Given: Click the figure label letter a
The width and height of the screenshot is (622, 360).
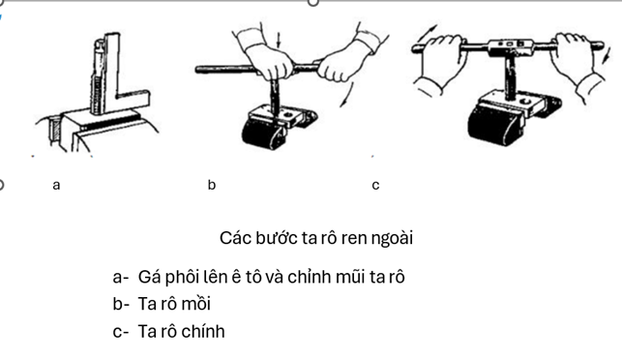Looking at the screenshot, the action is coord(56,186).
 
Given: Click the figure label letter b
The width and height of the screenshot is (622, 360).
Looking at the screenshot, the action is coord(212,185).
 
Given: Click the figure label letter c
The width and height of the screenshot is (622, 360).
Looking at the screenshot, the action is coord(375,186).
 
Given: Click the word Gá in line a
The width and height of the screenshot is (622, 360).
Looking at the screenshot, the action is coord(149,277).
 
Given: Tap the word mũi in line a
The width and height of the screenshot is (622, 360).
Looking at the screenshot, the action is coord(351,277).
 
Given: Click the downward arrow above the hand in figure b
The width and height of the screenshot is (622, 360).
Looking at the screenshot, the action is coord(279,40).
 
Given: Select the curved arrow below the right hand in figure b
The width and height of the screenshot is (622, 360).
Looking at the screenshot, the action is coord(346,95).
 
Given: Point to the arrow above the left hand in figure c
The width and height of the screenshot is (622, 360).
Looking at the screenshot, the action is coord(426,35).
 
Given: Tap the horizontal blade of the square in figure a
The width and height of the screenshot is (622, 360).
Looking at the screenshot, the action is coord(133,99).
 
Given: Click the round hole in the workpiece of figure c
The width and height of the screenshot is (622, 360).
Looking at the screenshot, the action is coord(525,102).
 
